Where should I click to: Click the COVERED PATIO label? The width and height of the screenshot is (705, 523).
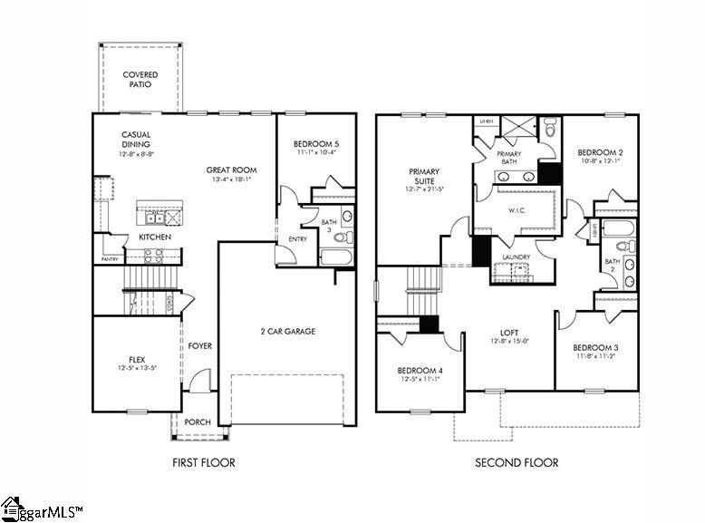click(140, 80)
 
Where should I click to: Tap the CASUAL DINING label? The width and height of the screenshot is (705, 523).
click(136, 140)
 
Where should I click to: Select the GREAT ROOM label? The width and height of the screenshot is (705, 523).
click(231, 169)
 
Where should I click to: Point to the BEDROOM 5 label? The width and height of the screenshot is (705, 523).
click(316, 144)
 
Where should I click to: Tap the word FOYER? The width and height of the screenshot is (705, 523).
click(199, 346)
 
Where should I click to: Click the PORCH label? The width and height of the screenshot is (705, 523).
click(198, 421)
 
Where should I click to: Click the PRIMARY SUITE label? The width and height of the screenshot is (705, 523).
click(424, 177)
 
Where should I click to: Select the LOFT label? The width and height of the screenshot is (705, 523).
click(509, 332)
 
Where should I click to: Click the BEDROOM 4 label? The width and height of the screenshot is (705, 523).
click(420, 372)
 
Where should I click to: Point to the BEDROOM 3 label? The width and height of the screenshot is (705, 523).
click(595, 348)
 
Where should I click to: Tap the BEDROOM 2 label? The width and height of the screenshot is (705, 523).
click(600, 152)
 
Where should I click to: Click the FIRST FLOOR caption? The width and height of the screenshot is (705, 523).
click(204, 462)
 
